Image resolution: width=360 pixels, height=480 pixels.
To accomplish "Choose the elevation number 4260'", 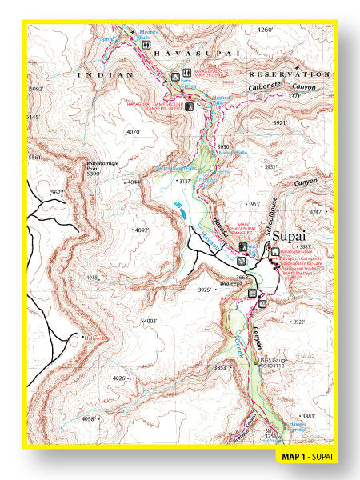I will (x=265, y=30).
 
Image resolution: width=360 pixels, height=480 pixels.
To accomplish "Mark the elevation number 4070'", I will (x=134, y=132).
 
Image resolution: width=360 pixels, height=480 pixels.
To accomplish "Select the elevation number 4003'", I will (x=149, y=321).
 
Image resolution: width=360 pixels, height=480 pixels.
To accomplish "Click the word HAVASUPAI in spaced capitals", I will (x=192, y=53).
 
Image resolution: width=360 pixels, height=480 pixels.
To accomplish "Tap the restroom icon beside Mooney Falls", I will (x=146, y=46).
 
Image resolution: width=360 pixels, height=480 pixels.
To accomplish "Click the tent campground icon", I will (x=176, y=77).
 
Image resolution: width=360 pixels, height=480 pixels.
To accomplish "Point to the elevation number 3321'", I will (x=294, y=96).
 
